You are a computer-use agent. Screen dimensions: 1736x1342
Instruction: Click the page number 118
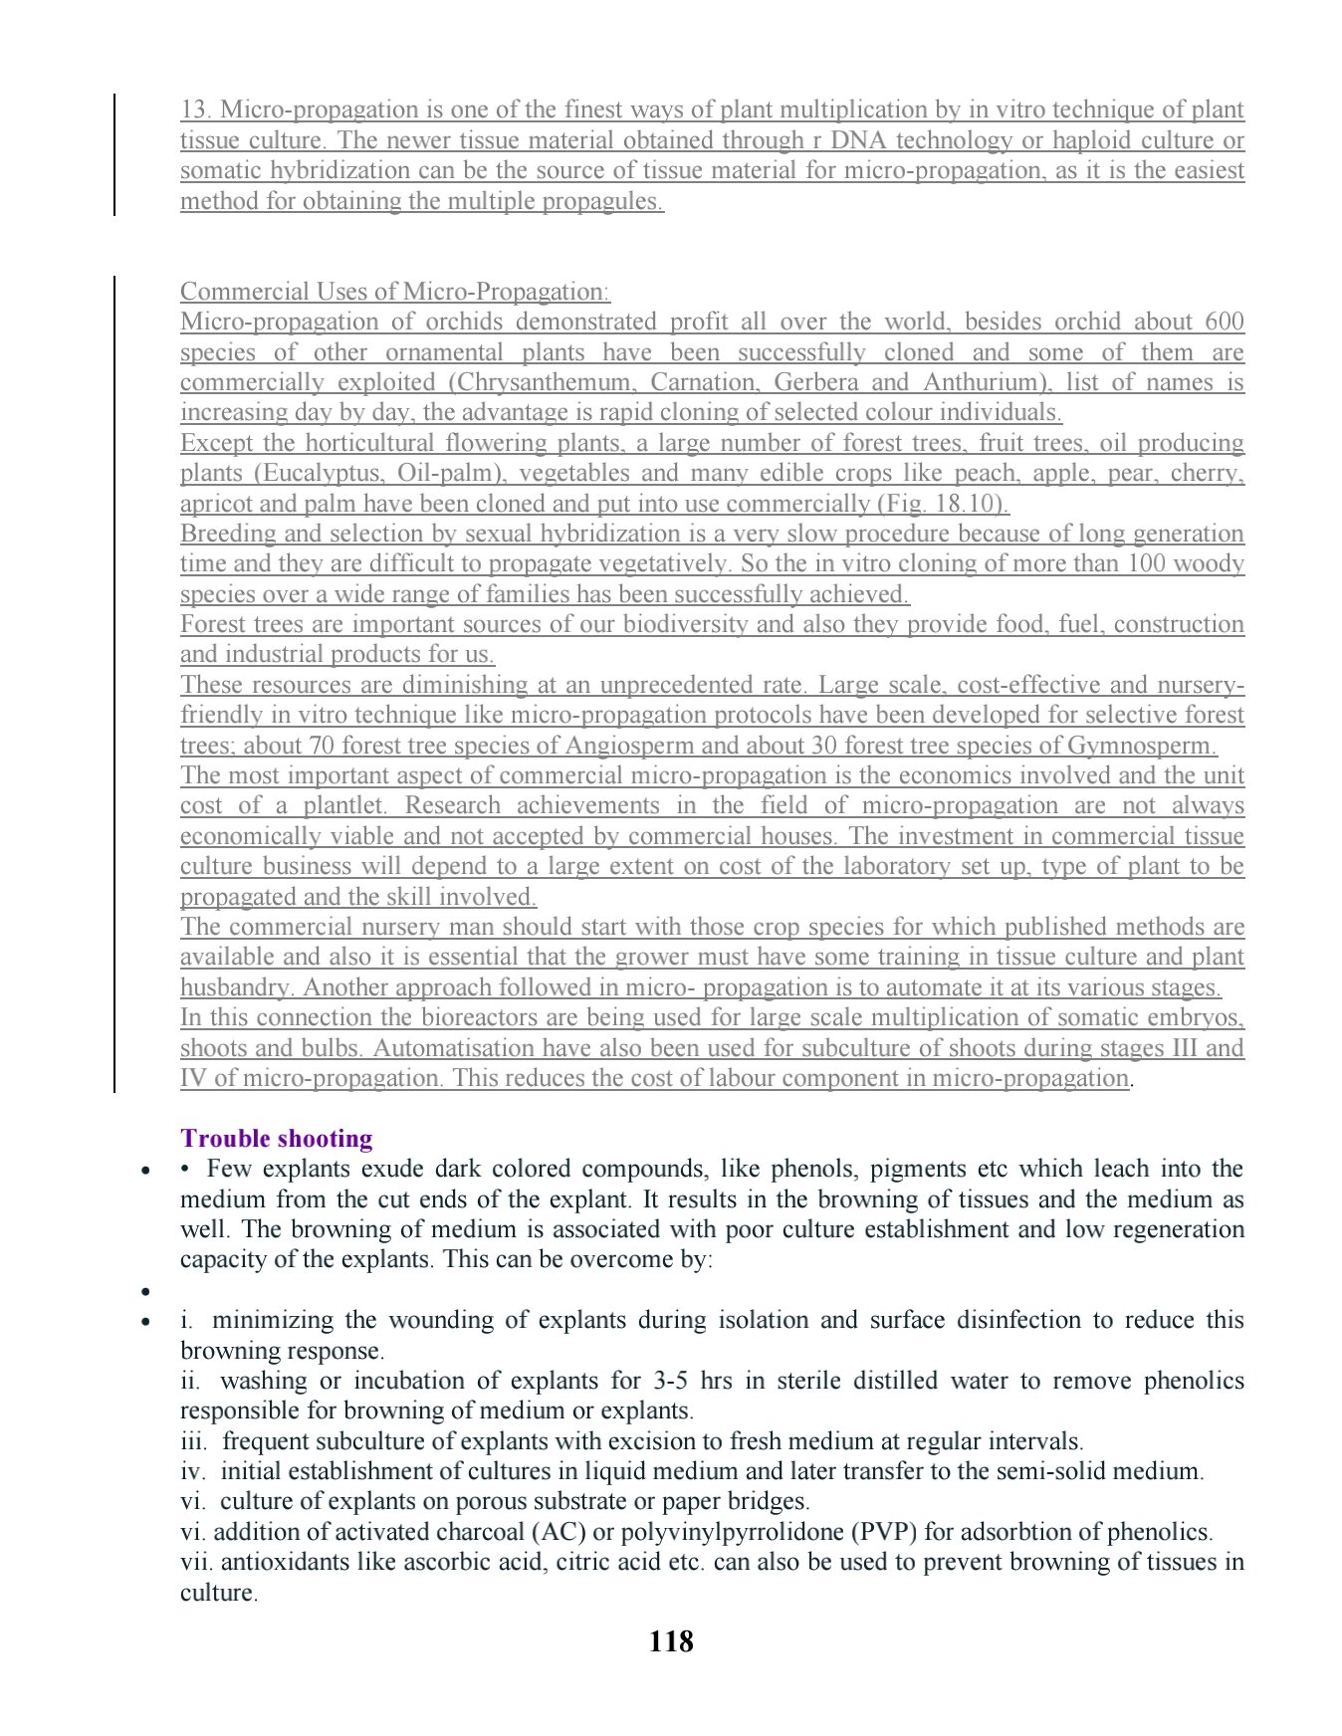point(670,1641)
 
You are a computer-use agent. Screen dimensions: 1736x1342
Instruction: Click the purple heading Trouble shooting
point(277,1139)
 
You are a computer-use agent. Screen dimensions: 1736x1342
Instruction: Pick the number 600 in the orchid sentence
point(1224,323)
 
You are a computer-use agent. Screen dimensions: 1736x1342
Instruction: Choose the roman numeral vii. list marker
point(196,1562)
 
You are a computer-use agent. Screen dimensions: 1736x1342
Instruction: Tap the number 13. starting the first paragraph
point(196,110)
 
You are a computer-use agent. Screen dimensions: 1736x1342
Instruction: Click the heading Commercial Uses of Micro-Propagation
point(394,293)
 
